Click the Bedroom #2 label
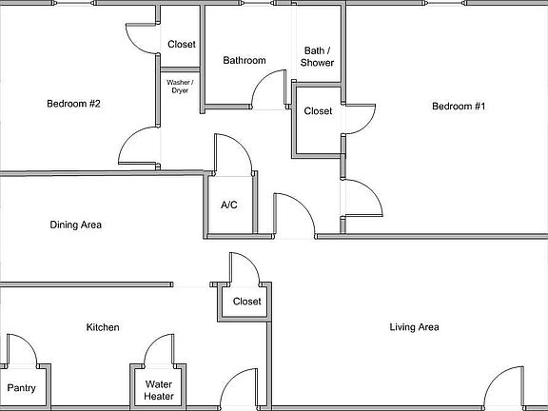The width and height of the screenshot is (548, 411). [73, 105]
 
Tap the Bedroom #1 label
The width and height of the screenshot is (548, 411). [459, 107]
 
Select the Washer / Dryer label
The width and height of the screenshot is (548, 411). [180, 87]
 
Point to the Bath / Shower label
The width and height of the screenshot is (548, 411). [317, 57]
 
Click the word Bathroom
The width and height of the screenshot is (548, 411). [244, 61]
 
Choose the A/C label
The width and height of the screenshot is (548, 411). [229, 205]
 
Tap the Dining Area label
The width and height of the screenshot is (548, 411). [75, 225]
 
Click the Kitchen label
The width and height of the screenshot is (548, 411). [103, 327]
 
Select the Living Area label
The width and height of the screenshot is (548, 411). [414, 327]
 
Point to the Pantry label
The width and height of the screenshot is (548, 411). [21, 388]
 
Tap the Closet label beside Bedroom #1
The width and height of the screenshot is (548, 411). [318, 111]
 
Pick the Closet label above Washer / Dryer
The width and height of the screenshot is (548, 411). [181, 45]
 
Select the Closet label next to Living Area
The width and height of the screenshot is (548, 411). [246, 302]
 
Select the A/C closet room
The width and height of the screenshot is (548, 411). [230, 214]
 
